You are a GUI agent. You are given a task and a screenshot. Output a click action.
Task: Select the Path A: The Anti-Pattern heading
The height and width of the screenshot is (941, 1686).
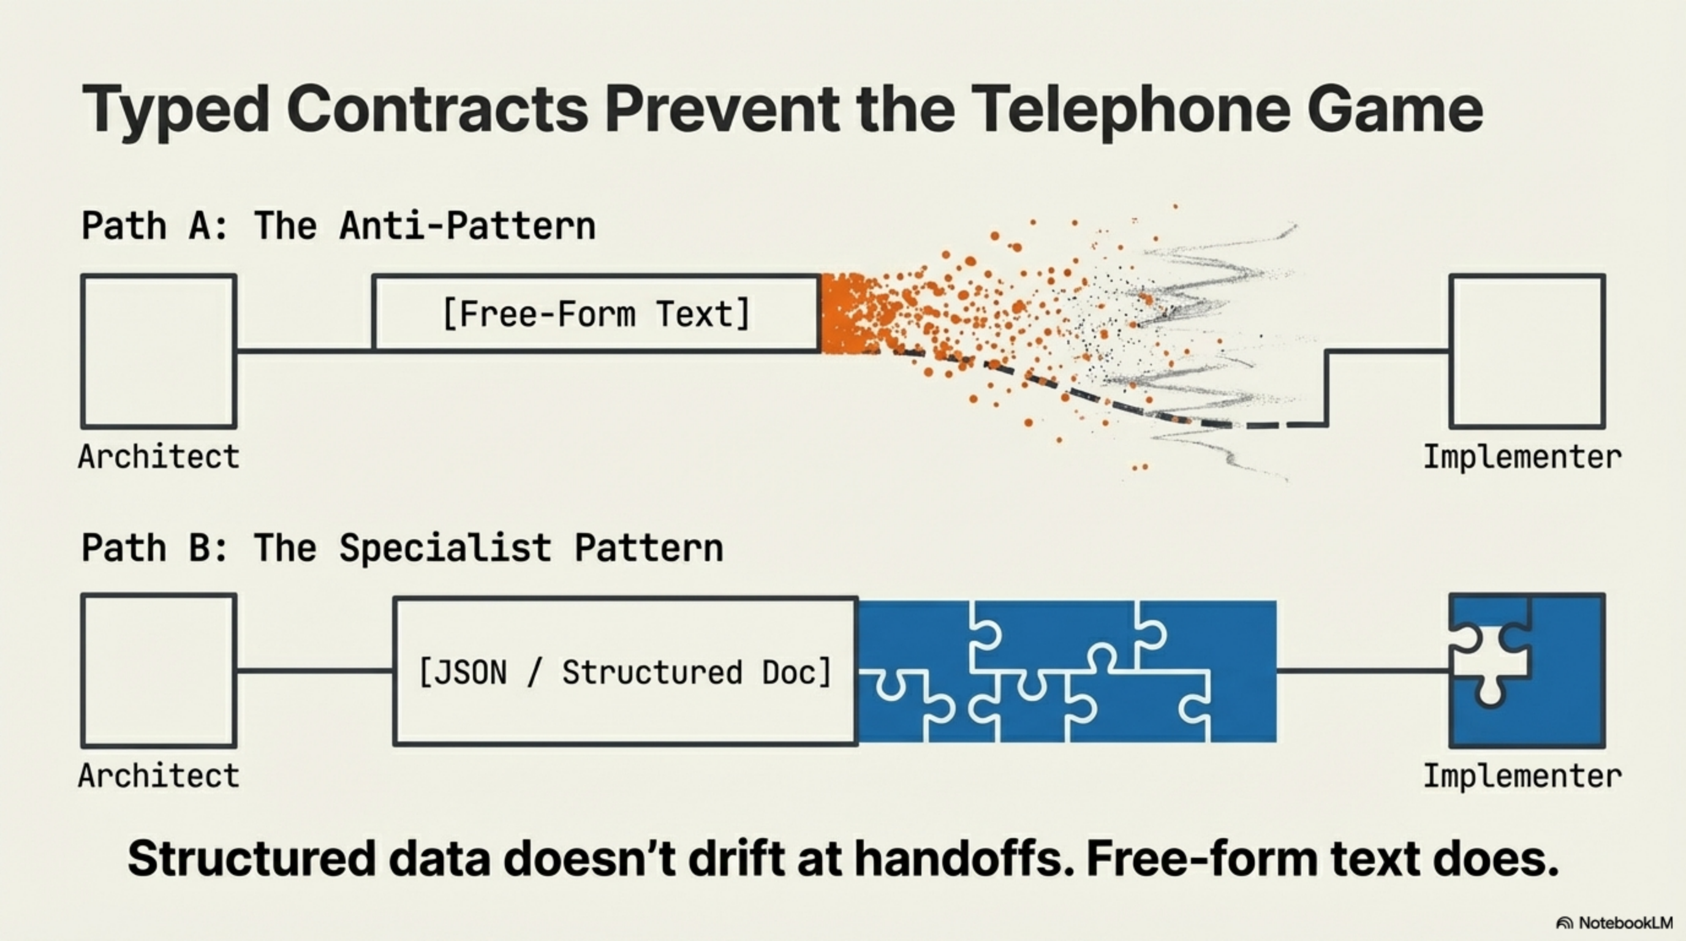(338, 227)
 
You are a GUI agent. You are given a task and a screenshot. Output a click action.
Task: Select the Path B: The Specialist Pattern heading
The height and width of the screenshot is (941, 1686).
(402, 548)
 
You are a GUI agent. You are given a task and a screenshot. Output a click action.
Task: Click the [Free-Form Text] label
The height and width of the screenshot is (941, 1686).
(596, 314)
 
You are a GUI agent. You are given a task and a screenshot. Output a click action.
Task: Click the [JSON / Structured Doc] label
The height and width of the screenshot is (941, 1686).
(625, 673)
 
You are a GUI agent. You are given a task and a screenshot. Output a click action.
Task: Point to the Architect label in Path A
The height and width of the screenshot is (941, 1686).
(159, 457)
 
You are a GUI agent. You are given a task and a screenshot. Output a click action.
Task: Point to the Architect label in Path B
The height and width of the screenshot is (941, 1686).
(159, 776)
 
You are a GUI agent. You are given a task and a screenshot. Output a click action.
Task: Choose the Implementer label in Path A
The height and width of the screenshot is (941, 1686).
(1522, 457)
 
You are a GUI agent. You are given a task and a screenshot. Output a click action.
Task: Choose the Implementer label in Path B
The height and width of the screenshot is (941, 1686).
(1522, 776)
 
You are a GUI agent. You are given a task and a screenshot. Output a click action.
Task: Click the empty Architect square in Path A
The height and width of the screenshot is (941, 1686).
(159, 352)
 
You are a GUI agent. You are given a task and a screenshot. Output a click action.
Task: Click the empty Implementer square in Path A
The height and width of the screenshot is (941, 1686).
(1527, 352)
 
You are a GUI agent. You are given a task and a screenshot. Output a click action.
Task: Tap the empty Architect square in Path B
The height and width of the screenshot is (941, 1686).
(159, 671)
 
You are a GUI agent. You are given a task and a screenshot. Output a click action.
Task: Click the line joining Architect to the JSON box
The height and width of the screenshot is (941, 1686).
(315, 671)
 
